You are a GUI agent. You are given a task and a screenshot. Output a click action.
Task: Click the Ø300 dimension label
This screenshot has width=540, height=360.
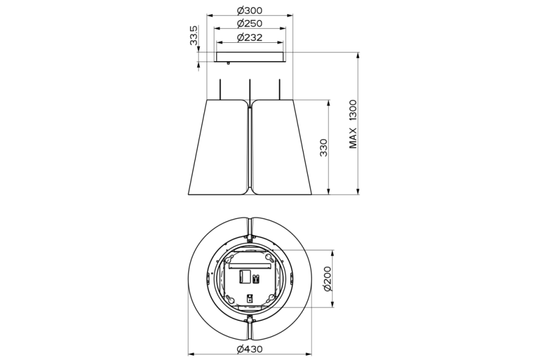[x=250, y=11]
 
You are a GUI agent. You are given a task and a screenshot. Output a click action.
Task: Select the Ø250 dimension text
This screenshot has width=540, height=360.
[x=250, y=24]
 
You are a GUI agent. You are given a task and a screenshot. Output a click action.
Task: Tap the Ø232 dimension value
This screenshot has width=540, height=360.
[x=250, y=37]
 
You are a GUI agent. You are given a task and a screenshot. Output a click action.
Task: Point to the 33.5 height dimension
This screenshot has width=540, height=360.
[x=194, y=36]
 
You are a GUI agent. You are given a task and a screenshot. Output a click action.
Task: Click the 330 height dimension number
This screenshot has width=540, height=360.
[x=323, y=147]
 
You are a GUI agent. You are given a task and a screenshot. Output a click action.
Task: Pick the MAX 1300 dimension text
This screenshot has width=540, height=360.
[x=353, y=124]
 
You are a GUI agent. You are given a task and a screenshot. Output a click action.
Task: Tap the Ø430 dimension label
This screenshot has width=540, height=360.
[x=250, y=349]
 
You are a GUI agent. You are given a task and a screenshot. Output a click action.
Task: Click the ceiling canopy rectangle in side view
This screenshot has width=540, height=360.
[x=250, y=57]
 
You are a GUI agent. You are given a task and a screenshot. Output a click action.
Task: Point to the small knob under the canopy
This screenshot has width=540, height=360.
[x=228, y=63]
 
